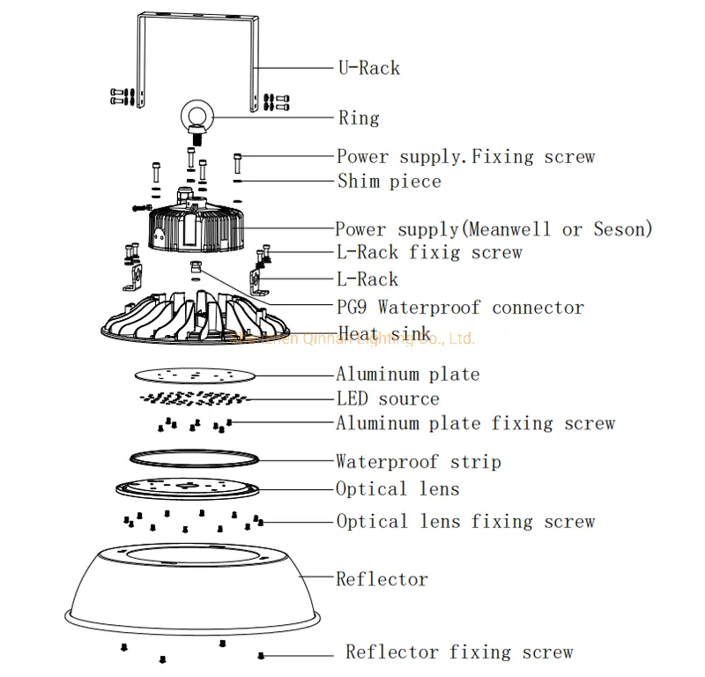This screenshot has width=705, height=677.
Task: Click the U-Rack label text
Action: coord(368,68)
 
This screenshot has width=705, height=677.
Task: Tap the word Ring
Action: coord(359,118)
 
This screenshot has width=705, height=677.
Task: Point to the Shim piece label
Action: coord(389,182)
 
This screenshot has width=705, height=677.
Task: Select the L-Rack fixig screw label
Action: coord(429,253)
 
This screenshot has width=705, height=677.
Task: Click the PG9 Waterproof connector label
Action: coord(459,308)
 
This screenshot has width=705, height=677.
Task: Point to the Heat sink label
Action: coord(384,333)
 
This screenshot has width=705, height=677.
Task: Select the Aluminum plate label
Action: coord(407,374)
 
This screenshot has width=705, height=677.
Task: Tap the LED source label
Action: coord(388,398)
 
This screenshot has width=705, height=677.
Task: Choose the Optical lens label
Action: coord(397,488)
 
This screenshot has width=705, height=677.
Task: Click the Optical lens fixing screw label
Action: coord(465,522)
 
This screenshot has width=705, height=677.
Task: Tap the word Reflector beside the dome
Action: coord(382,579)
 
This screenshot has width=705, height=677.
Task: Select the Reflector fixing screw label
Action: coord(459,652)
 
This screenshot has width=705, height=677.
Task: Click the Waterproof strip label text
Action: coord(418,462)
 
